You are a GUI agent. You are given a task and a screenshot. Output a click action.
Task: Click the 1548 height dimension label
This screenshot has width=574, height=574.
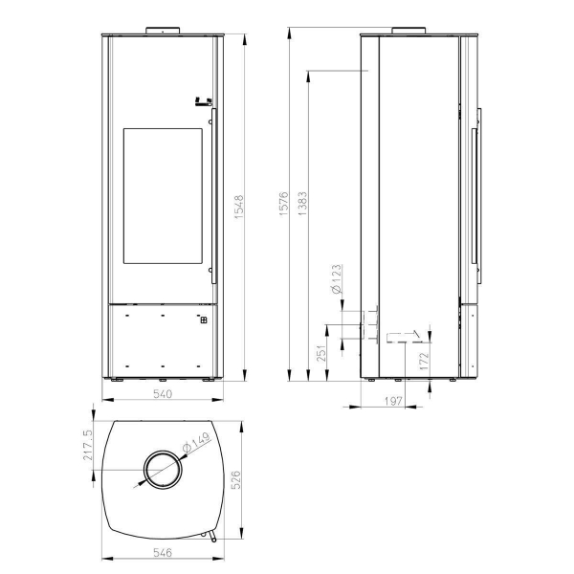[x=238, y=208]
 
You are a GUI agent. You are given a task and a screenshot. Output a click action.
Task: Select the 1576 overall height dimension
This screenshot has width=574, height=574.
[x=284, y=204]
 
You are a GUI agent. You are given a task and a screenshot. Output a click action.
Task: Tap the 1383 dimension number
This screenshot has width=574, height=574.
[x=302, y=204]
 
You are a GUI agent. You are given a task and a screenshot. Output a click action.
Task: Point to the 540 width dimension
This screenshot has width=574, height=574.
[x=163, y=394]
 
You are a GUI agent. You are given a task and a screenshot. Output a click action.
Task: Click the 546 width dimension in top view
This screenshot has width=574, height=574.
[x=163, y=552]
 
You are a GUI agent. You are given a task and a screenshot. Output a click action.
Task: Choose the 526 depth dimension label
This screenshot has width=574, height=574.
[x=236, y=480]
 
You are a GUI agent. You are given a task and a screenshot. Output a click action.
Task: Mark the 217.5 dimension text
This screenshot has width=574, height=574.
[x=88, y=445]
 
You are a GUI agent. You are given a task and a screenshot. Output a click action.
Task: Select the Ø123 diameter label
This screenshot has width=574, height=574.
[x=336, y=279]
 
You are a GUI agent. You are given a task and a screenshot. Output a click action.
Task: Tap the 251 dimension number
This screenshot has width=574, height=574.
[x=321, y=353]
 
